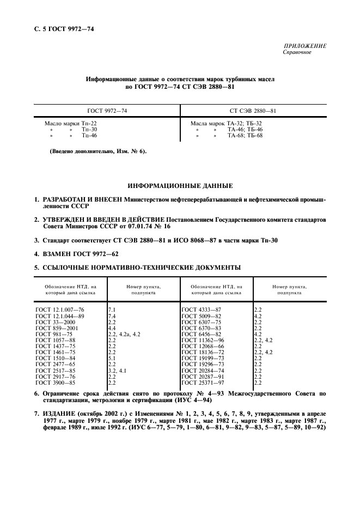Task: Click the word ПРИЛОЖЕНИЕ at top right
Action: pyautogui.click(x=305, y=46)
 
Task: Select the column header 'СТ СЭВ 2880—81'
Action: pyautogui.click(x=253, y=111)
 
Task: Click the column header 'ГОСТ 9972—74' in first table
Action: pyautogui.click(x=107, y=111)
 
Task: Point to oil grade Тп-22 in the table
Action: pyautogui.click(x=89, y=124)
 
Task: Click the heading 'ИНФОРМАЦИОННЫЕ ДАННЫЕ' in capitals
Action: pyautogui.click(x=180, y=186)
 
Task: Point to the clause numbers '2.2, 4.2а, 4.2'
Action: pyautogui.click(x=125, y=334)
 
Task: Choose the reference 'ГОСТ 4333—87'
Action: pyautogui.click(x=201, y=309)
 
